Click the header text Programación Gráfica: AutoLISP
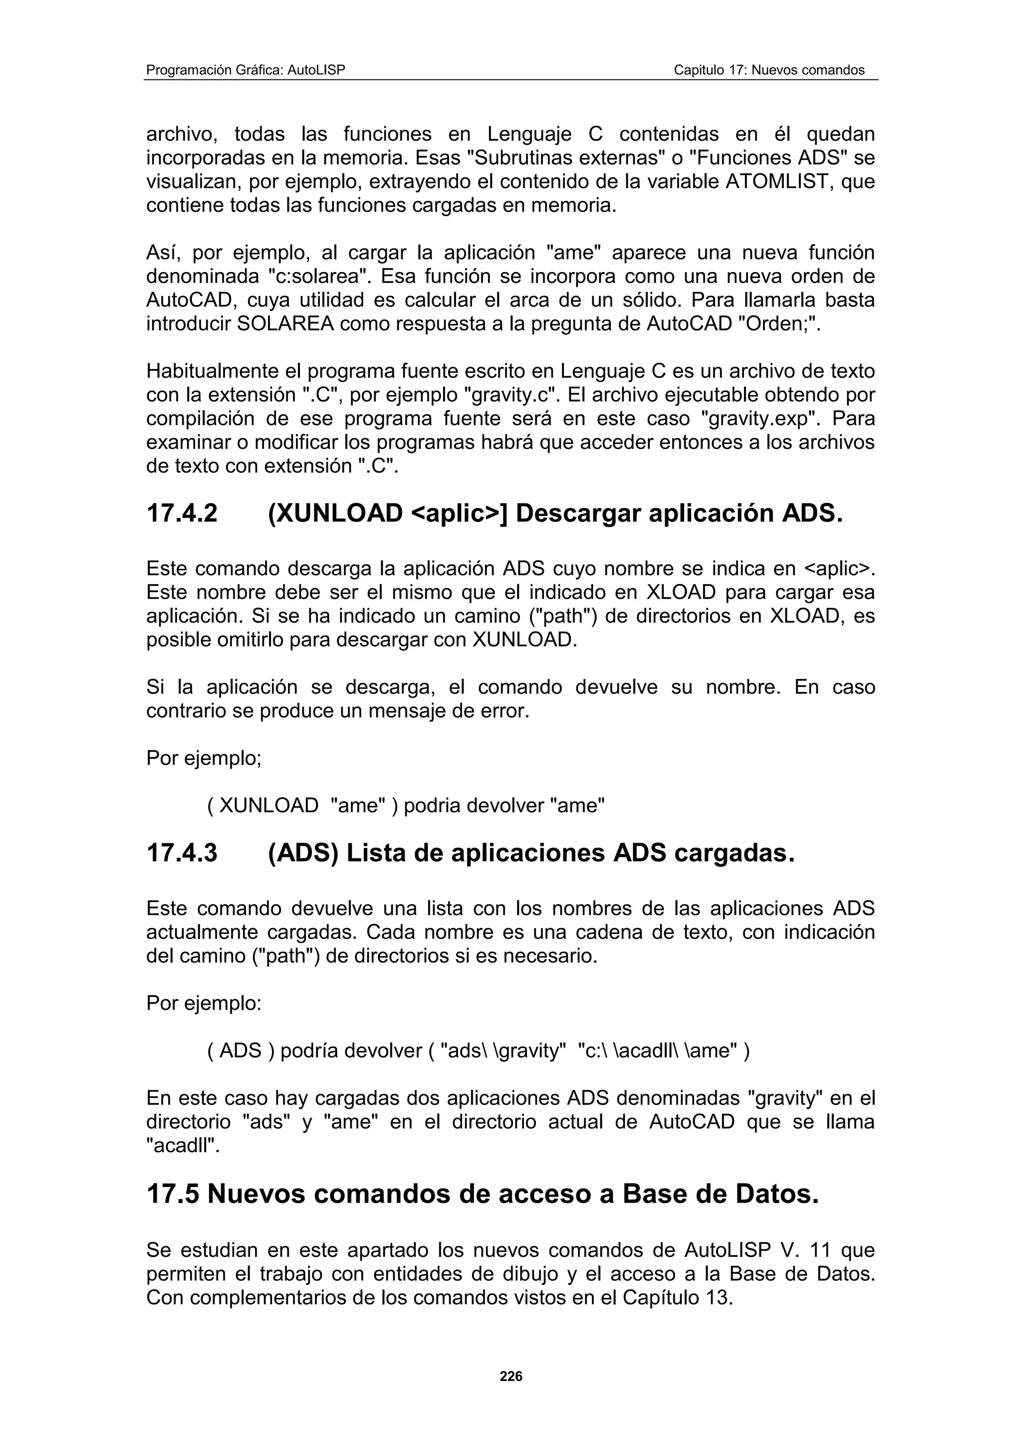(246, 70)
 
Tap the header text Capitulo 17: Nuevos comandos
(769, 70)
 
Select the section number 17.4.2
(182, 514)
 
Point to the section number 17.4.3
(182, 853)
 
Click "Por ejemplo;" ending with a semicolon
(204, 758)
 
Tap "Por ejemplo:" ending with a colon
(204, 1003)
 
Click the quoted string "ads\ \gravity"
(501, 1051)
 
